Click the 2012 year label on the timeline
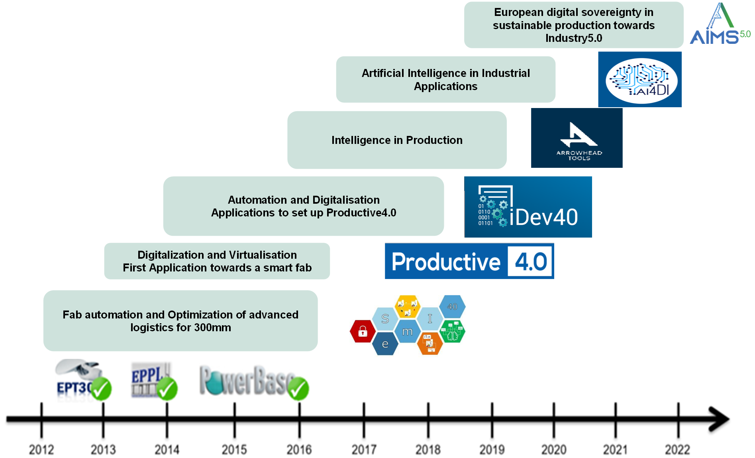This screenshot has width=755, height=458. click(41, 450)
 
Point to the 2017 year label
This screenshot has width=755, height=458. click(364, 450)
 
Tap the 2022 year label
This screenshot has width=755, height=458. click(677, 450)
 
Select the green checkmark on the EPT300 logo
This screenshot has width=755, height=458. click(101, 389)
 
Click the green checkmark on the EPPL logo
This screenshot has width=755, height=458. click(167, 389)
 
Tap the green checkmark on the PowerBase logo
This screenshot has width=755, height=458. click(298, 389)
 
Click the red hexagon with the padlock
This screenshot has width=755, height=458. click(363, 331)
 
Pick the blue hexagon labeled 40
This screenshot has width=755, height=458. click(452, 307)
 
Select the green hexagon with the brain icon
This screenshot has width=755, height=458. click(452, 332)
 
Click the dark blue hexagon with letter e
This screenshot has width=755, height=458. click(385, 344)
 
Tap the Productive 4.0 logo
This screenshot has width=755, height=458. click(469, 261)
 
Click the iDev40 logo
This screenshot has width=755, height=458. click(528, 207)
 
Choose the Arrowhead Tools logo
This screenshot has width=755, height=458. click(577, 138)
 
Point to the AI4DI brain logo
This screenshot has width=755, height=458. click(640, 80)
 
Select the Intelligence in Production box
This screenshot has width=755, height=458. click(397, 140)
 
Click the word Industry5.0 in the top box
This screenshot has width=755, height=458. click(574, 38)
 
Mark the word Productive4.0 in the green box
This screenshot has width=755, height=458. click(361, 213)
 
